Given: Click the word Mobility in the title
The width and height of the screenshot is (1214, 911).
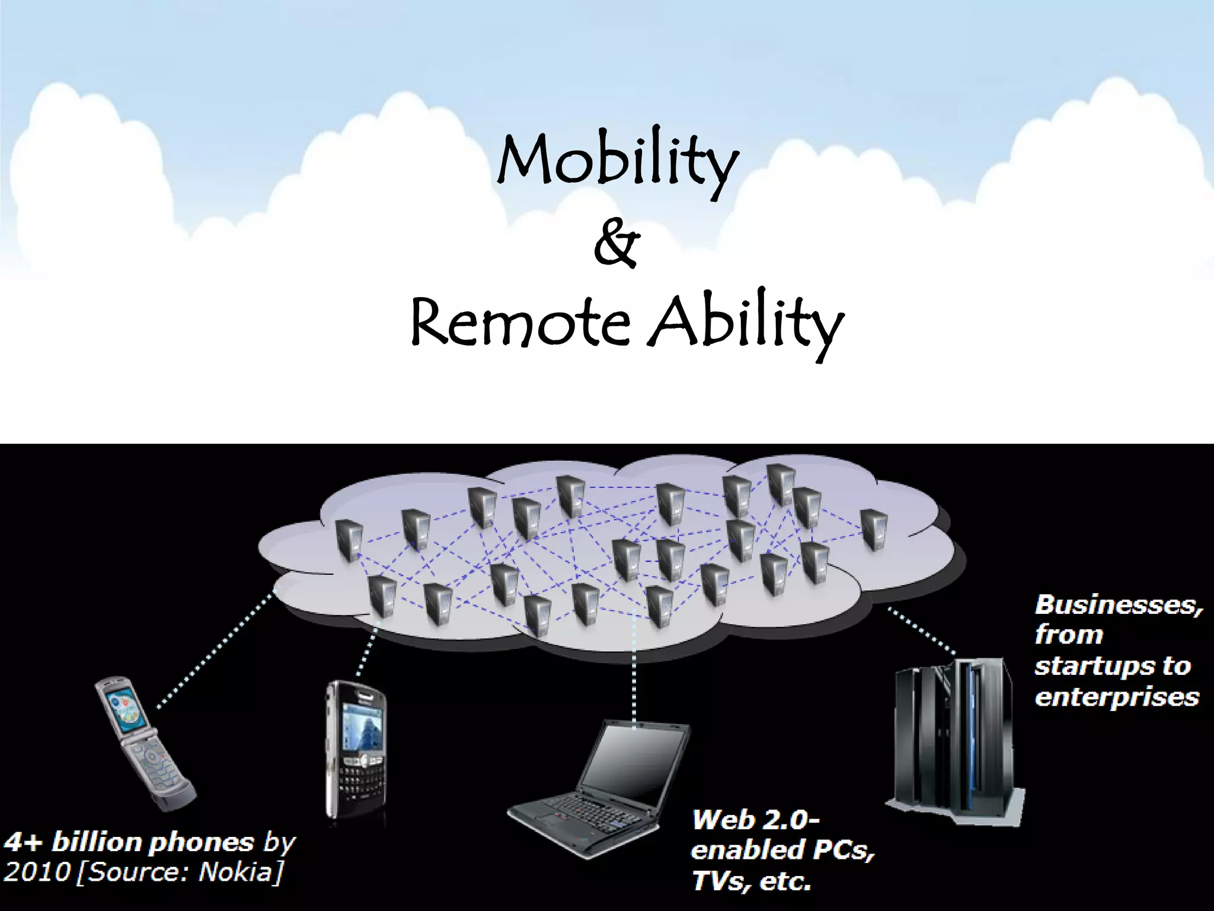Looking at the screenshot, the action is (616, 163).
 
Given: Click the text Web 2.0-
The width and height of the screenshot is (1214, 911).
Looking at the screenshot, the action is (756, 821).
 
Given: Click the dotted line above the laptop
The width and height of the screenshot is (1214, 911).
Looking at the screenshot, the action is (635, 670).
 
